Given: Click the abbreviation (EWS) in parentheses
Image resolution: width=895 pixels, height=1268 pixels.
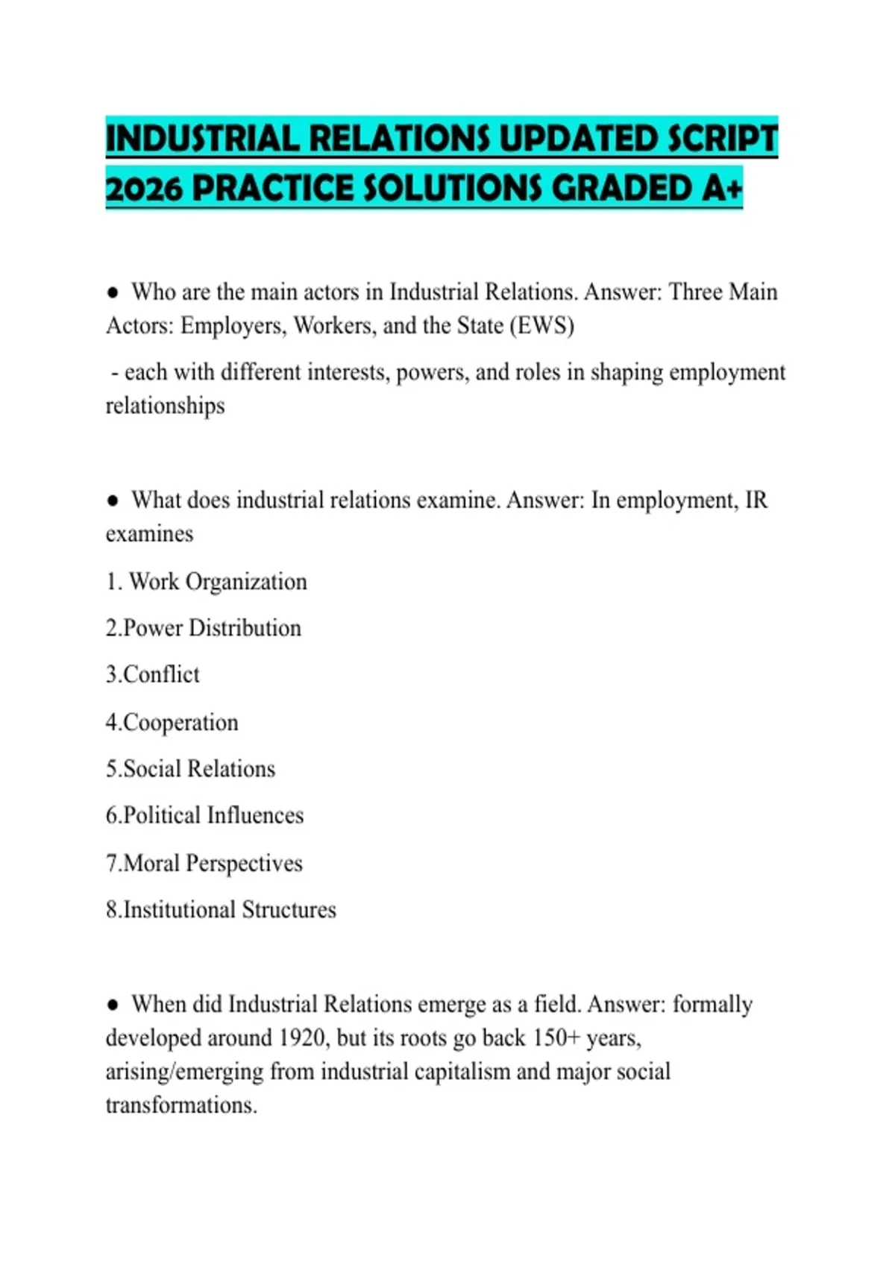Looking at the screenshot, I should (541, 326).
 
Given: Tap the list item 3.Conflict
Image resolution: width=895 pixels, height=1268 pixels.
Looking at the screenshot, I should (153, 674).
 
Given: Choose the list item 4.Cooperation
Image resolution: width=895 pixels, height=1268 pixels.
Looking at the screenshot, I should (172, 722).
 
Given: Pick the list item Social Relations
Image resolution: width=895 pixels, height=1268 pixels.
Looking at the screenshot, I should (191, 769).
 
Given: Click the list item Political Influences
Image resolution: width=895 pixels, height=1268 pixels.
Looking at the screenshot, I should (205, 815).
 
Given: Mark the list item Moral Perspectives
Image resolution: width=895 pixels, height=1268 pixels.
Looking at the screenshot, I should (204, 863).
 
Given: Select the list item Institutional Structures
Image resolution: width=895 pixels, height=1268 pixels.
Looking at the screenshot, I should (222, 910).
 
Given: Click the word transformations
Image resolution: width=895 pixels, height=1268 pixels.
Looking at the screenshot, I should (181, 1105).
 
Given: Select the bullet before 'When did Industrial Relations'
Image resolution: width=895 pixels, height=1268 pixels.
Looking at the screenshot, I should (113, 1005).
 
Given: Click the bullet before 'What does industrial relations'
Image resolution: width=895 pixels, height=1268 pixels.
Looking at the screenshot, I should (113, 500).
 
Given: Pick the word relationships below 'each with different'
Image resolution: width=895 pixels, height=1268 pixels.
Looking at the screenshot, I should (165, 407).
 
